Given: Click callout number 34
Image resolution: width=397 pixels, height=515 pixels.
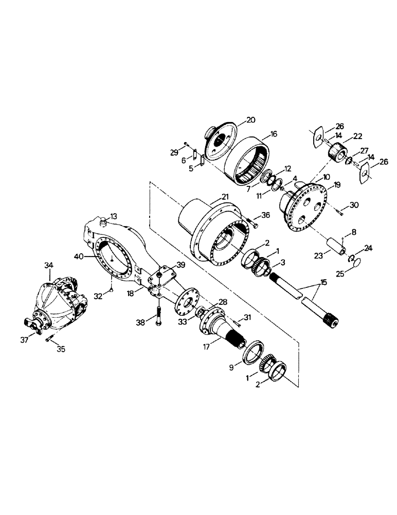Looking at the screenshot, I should (x=48, y=265).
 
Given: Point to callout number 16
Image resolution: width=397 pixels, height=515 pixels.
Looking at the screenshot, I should (x=273, y=134).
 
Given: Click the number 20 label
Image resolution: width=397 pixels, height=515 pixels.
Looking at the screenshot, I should (x=250, y=120).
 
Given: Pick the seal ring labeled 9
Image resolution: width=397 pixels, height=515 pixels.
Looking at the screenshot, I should (x=252, y=352).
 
